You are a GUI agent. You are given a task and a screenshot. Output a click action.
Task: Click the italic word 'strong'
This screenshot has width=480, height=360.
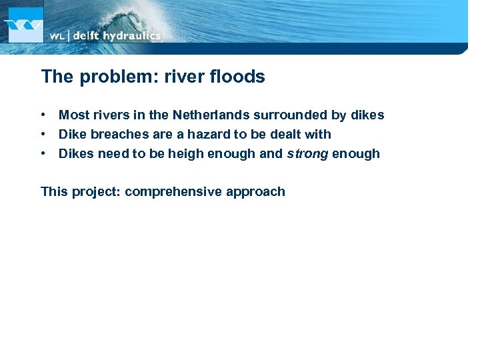307,154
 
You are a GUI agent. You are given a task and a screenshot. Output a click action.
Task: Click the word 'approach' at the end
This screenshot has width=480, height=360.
255,193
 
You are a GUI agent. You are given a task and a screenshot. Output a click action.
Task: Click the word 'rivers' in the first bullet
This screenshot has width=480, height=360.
110,115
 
